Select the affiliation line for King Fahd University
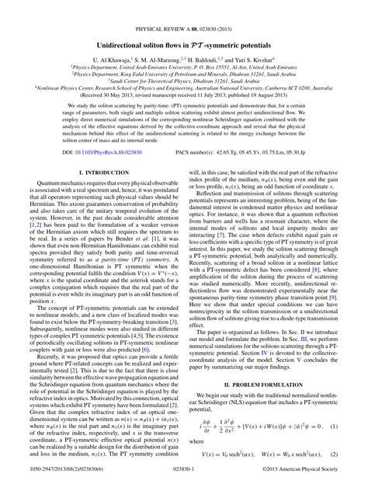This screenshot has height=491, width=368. (184, 63)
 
